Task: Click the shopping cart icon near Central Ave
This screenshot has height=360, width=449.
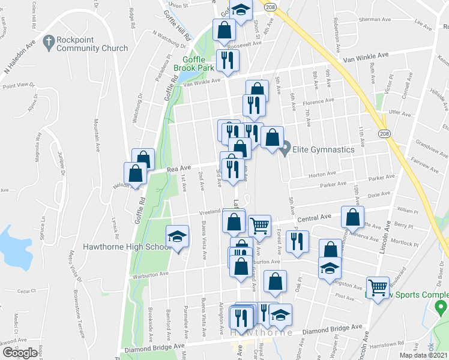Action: click(x=259, y=226)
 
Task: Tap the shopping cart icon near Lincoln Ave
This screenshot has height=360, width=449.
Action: click(x=377, y=288)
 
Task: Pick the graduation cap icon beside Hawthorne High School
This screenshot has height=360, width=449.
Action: click(x=178, y=237)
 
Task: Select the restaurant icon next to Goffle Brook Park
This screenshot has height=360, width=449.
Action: click(x=228, y=59)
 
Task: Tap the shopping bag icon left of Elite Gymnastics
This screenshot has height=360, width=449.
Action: click(x=273, y=137)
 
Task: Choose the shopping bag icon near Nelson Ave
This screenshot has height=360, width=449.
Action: click(x=136, y=173)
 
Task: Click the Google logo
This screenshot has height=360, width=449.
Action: click(x=20, y=352)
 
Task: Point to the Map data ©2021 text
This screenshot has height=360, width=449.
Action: click(x=424, y=355)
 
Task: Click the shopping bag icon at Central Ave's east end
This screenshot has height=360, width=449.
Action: click(x=352, y=217)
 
